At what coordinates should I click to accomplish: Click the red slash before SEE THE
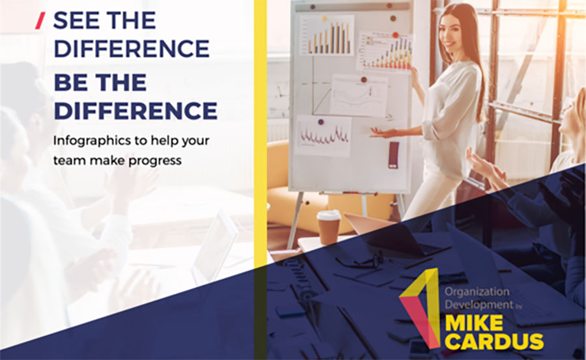pyautogui.click(x=40, y=21)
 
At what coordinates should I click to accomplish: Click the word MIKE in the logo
pyautogui.click(x=474, y=323)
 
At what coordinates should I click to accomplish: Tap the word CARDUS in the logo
pyautogui.click(x=494, y=341)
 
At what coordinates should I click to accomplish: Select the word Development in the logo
pyautogui.click(x=479, y=305)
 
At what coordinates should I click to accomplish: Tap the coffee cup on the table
pyautogui.click(x=329, y=227)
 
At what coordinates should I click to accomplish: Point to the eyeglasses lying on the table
pyautogui.click(x=360, y=261)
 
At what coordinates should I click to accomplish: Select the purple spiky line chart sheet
pyautogui.click(x=323, y=135)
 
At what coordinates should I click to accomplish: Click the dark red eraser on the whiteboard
pyautogui.click(x=393, y=155)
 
